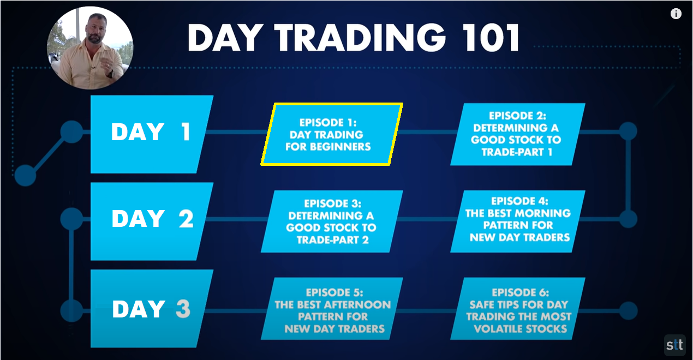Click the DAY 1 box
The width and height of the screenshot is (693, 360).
[152, 134]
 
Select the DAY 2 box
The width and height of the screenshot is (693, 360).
[152, 221]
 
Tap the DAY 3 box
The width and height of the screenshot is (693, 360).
[152, 308]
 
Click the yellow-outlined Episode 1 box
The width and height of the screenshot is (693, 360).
[332, 134]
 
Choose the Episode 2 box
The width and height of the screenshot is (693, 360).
[518, 134]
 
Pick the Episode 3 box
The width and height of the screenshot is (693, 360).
[332, 221]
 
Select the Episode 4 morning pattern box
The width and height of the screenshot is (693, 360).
[518, 221]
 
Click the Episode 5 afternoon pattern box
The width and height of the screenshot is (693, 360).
[332, 309]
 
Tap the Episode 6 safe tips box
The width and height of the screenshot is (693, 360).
[518, 309]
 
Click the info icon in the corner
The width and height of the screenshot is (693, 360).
[676, 14]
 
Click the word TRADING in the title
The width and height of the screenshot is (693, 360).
[360, 38]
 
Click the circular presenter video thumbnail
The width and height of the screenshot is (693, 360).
[90, 48]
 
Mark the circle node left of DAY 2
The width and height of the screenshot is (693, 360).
[71, 219]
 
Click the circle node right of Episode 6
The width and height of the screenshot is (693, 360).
[628, 310]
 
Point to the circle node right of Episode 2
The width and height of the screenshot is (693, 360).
[628, 131]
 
